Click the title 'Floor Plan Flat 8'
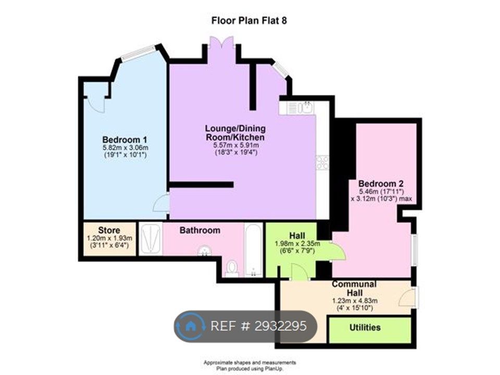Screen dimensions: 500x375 point(249,21)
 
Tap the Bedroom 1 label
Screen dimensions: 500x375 point(124,140)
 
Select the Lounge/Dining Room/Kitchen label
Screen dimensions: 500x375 point(235,133)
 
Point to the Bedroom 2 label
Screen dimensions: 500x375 point(381,184)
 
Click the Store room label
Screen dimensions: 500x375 point(109,230)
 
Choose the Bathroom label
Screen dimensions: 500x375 point(200,230)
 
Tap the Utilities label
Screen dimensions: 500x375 point(365,328)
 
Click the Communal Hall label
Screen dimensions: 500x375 point(354,288)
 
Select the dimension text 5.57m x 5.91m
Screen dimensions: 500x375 point(236,145)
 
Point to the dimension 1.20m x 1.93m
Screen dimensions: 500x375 point(109,238)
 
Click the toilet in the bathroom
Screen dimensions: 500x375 point(232,268)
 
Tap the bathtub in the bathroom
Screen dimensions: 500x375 point(254,249)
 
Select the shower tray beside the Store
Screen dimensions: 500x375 point(151,239)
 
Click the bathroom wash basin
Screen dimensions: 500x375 point(204,251)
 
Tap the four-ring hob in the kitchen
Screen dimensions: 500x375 point(322,162)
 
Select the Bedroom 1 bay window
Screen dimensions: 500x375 point(139,53)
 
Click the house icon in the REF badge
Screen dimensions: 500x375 point(191,326)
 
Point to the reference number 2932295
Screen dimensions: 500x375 point(280,326)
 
